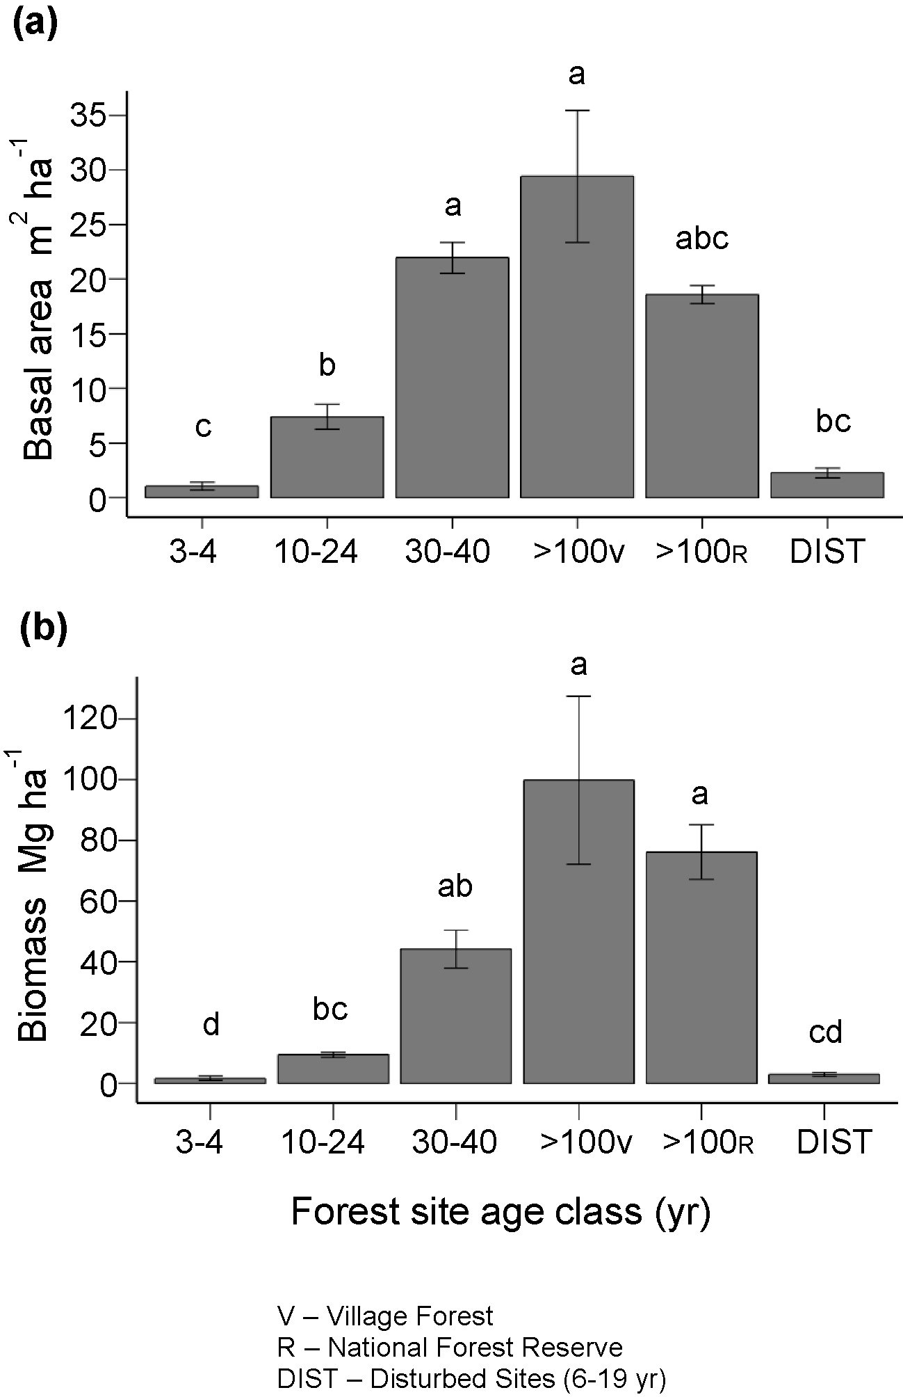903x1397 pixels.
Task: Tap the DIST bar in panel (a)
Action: (827, 486)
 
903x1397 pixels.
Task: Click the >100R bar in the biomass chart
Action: (701, 974)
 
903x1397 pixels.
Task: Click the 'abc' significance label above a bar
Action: (701, 239)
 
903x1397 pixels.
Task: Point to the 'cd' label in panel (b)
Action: (826, 1032)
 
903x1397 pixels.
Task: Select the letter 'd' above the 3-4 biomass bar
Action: (211, 1024)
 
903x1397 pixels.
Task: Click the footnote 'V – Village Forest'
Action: (385, 1316)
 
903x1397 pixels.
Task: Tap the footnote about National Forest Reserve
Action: (450, 1348)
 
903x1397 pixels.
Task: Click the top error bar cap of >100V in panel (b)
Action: (578, 696)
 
